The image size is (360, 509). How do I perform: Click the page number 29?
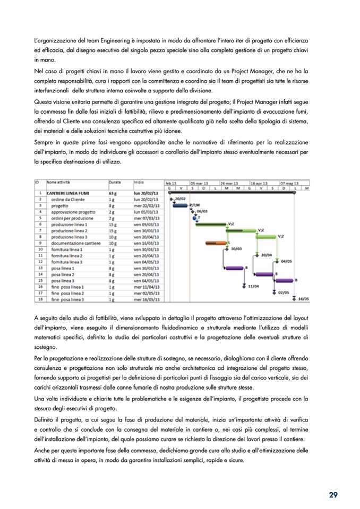[333, 495]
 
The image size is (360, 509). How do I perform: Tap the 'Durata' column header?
[115, 182]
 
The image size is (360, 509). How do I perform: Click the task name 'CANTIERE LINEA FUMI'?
[69, 193]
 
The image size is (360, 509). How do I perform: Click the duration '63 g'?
[113, 193]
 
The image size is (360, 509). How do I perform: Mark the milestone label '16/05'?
[303, 299]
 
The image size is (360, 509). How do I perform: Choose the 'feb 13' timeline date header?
[171, 182]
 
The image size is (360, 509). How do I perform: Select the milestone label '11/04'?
[253, 287]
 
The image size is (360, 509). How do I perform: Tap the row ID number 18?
[40, 299]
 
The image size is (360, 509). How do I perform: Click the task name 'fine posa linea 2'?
[68, 292]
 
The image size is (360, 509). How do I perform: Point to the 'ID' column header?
[38, 182]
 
